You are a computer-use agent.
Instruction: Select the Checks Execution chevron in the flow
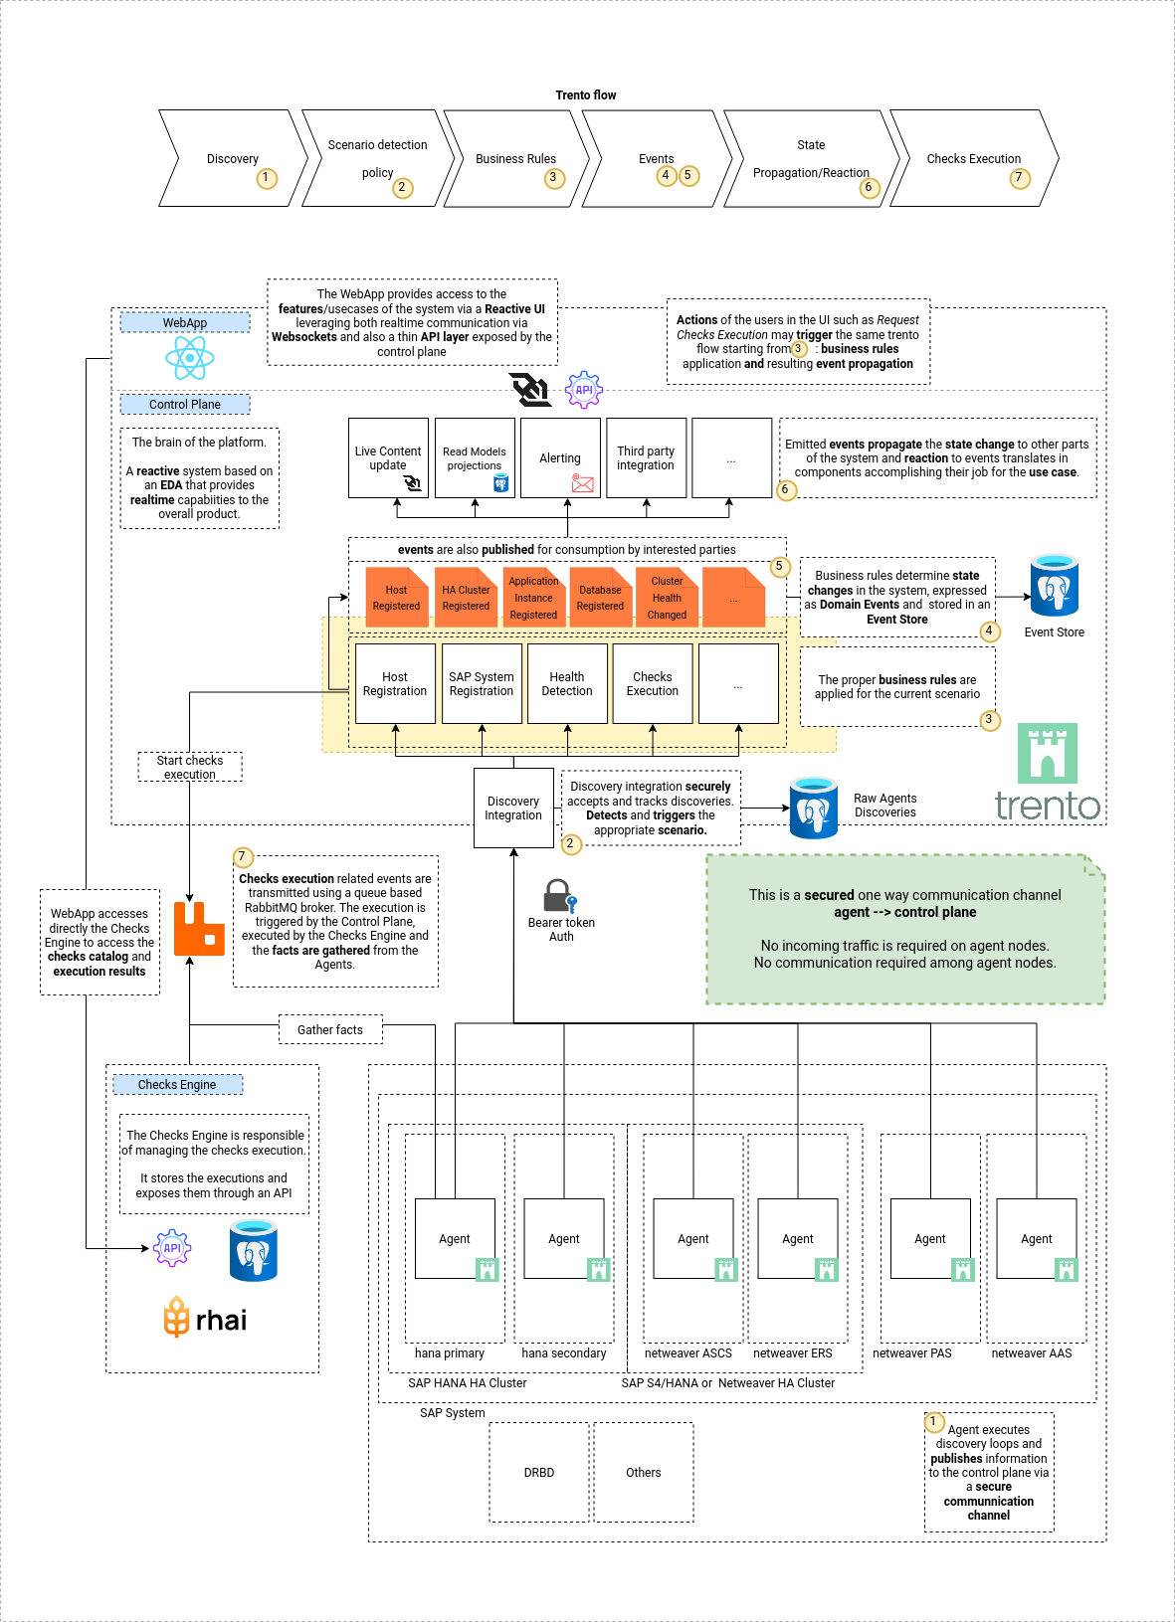pyautogui.click(x=973, y=159)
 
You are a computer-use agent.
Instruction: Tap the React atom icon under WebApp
pyautogui.click(x=189, y=358)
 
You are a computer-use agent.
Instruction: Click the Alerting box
pyautogui.click(x=560, y=458)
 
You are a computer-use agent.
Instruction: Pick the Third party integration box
pyautogui.click(x=646, y=458)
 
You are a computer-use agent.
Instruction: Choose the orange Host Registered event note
pyautogui.click(x=396, y=598)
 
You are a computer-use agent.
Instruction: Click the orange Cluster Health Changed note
pyautogui.click(x=667, y=598)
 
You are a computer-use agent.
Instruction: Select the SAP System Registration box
pyautogui.click(x=482, y=684)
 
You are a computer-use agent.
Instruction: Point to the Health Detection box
pyautogui.click(x=567, y=684)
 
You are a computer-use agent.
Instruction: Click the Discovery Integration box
pyautogui.click(x=513, y=808)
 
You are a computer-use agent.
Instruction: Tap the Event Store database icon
pyautogui.click(x=1055, y=586)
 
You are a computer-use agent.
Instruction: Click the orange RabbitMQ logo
pyautogui.click(x=199, y=929)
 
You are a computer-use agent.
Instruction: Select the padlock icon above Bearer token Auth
pyautogui.click(x=559, y=896)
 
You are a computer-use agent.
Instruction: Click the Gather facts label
pyautogui.click(x=330, y=1030)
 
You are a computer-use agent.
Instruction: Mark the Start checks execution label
pyautogui.click(x=190, y=767)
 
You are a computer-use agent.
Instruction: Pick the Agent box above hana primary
pyautogui.click(x=455, y=1238)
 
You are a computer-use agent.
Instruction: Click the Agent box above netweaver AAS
pyautogui.click(x=1036, y=1238)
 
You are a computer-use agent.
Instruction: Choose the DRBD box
pyautogui.click(x=539, y=1472)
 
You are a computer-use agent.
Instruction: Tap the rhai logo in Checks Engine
pyautogui.click(x=206, y=1319)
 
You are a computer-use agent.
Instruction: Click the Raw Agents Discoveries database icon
pyautogui.click(x=814, y=808)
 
